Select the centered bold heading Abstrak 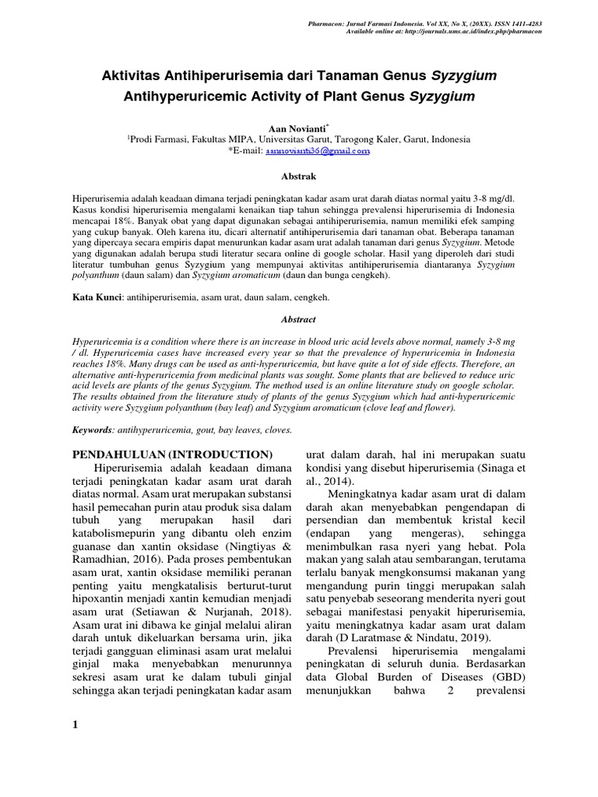[298, 177]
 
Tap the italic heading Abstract [298, 319]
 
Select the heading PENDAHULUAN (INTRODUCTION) [172, 454]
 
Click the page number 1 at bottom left [76, 726]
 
